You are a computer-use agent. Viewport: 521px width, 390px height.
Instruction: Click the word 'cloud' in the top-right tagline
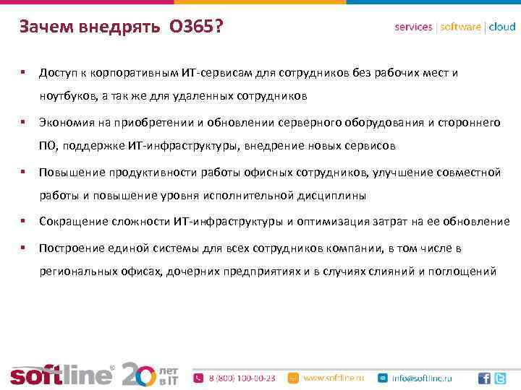(502, 27)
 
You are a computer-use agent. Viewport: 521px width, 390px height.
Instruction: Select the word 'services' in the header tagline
(414, 27)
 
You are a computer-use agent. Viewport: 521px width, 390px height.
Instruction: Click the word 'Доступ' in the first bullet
(59, 73)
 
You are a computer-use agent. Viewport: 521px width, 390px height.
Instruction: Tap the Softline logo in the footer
(62, 374)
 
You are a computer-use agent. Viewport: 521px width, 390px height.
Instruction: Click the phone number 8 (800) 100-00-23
(242, 378)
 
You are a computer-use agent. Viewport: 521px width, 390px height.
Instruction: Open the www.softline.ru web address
(332, 378)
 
